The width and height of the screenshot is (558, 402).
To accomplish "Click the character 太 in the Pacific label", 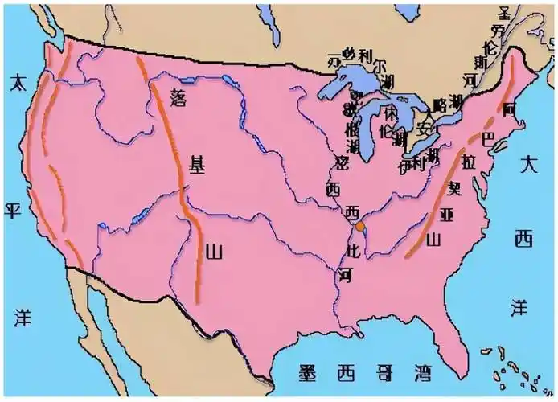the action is [x=15, y=81].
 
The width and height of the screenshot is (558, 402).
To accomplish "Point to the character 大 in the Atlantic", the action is [x=527, y=166].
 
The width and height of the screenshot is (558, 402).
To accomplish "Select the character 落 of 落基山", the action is [x=178, y=96].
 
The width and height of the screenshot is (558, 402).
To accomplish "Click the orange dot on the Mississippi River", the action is [x=361, y=228].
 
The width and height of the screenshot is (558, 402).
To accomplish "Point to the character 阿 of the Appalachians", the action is [x=508, y=108].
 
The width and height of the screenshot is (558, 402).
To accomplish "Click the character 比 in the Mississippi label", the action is [x=351, y=250].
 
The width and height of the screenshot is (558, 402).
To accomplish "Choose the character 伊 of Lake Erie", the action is [x=404, y=166].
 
